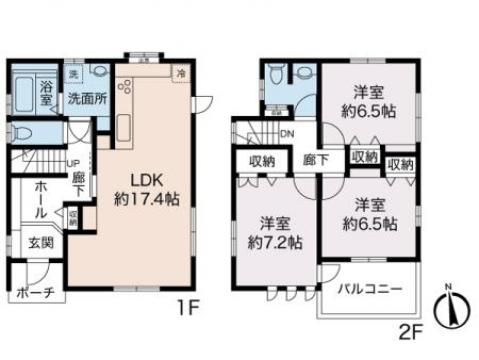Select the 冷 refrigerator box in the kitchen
click(x=181, y=72)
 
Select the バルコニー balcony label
click(x=369, y=288)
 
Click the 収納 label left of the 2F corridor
click(x=262, y=159)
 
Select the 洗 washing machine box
click(x=74, y=76)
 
